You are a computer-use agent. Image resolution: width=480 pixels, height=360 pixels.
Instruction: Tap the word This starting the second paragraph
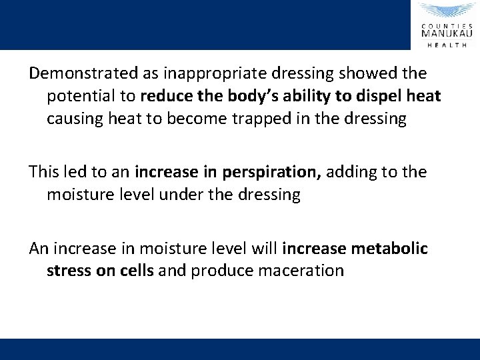pos(44,171)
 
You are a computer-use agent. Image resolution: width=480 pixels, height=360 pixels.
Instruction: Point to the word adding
pos(348,171)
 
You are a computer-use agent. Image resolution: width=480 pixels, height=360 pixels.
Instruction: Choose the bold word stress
pos(67,271)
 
